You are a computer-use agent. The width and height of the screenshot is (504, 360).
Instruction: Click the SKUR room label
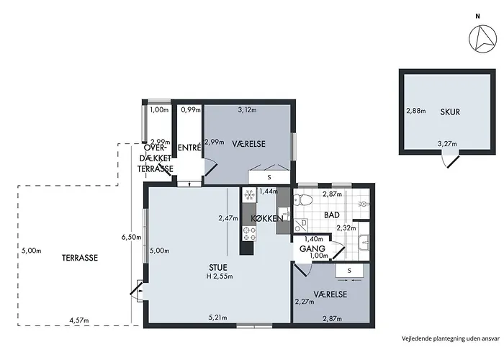click(x=450, y=112)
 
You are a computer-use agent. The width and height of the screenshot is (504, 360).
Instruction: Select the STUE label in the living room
click(x=218, y=267)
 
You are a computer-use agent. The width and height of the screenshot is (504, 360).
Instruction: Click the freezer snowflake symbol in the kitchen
click(x=249, y=195)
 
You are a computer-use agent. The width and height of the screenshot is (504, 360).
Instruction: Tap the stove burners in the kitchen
click(x=249, y=234)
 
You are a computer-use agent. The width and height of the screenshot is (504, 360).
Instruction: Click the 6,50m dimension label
click(x=131, y=238)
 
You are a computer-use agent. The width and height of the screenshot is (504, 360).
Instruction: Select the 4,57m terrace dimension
click(x=79, y=320)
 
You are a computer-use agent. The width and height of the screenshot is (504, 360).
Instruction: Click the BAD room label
click(x=332, y=215)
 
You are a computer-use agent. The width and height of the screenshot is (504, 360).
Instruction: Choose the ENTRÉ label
click(x=189, y=148)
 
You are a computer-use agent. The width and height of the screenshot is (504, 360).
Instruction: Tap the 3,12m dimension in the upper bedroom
click(x=247, y=110)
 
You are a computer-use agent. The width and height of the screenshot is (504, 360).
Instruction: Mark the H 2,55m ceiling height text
click(x=220, y=276)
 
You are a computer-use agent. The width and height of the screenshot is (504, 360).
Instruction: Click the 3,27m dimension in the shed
click(x=447, y=144)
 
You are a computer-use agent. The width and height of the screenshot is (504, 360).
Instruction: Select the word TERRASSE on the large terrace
click(x=80, y=258)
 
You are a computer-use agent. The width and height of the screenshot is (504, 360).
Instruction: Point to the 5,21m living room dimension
click(x=218, y=318)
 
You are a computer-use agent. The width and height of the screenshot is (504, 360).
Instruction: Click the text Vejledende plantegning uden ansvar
click(x=451, y=338)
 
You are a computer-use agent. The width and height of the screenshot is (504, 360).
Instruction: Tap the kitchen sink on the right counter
click(x=284, y=213)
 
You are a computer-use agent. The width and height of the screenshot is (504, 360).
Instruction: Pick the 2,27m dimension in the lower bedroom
click(x=305, y=302)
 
